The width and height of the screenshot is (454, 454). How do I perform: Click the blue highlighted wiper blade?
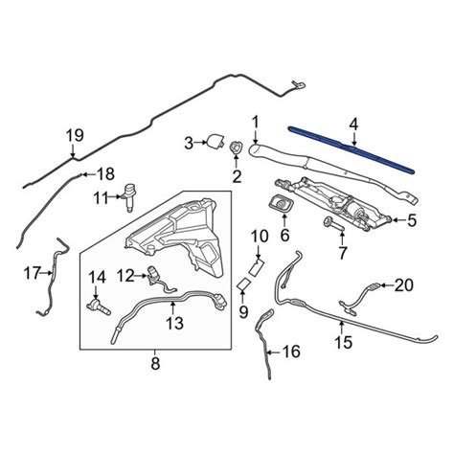(352, 149)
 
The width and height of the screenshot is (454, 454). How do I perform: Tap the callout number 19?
(75, 135)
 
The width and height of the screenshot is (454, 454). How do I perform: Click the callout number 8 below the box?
(155, 363)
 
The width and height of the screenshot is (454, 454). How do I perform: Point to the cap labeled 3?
(216, 142)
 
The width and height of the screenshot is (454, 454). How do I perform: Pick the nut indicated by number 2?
(236, 148)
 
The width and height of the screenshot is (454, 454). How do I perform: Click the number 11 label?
(102, 198)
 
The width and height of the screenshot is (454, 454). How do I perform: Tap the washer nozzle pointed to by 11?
(130, 196)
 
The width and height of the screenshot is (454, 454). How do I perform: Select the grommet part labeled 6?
(282, 204)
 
